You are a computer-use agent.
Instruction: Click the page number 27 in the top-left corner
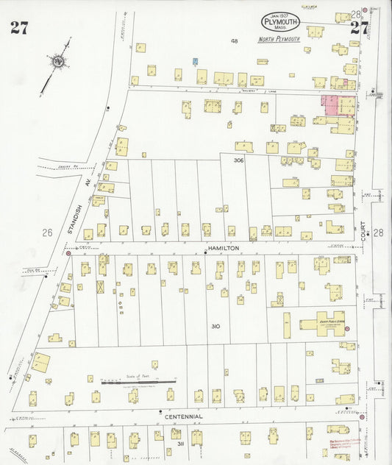pos(20,29)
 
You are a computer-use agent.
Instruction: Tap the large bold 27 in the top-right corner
pos(359,28)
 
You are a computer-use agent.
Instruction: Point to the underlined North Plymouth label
pos(279,39)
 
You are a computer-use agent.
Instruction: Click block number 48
pos(235,41)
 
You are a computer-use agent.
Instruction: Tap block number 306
pos(238,160)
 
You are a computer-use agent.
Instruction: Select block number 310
pos(215,326)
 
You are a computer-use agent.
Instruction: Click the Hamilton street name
pos(224,249)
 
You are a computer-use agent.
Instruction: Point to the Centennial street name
pos(183,416)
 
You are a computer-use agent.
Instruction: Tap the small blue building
pos(195,63)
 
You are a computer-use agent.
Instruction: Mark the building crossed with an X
pos(100,286)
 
